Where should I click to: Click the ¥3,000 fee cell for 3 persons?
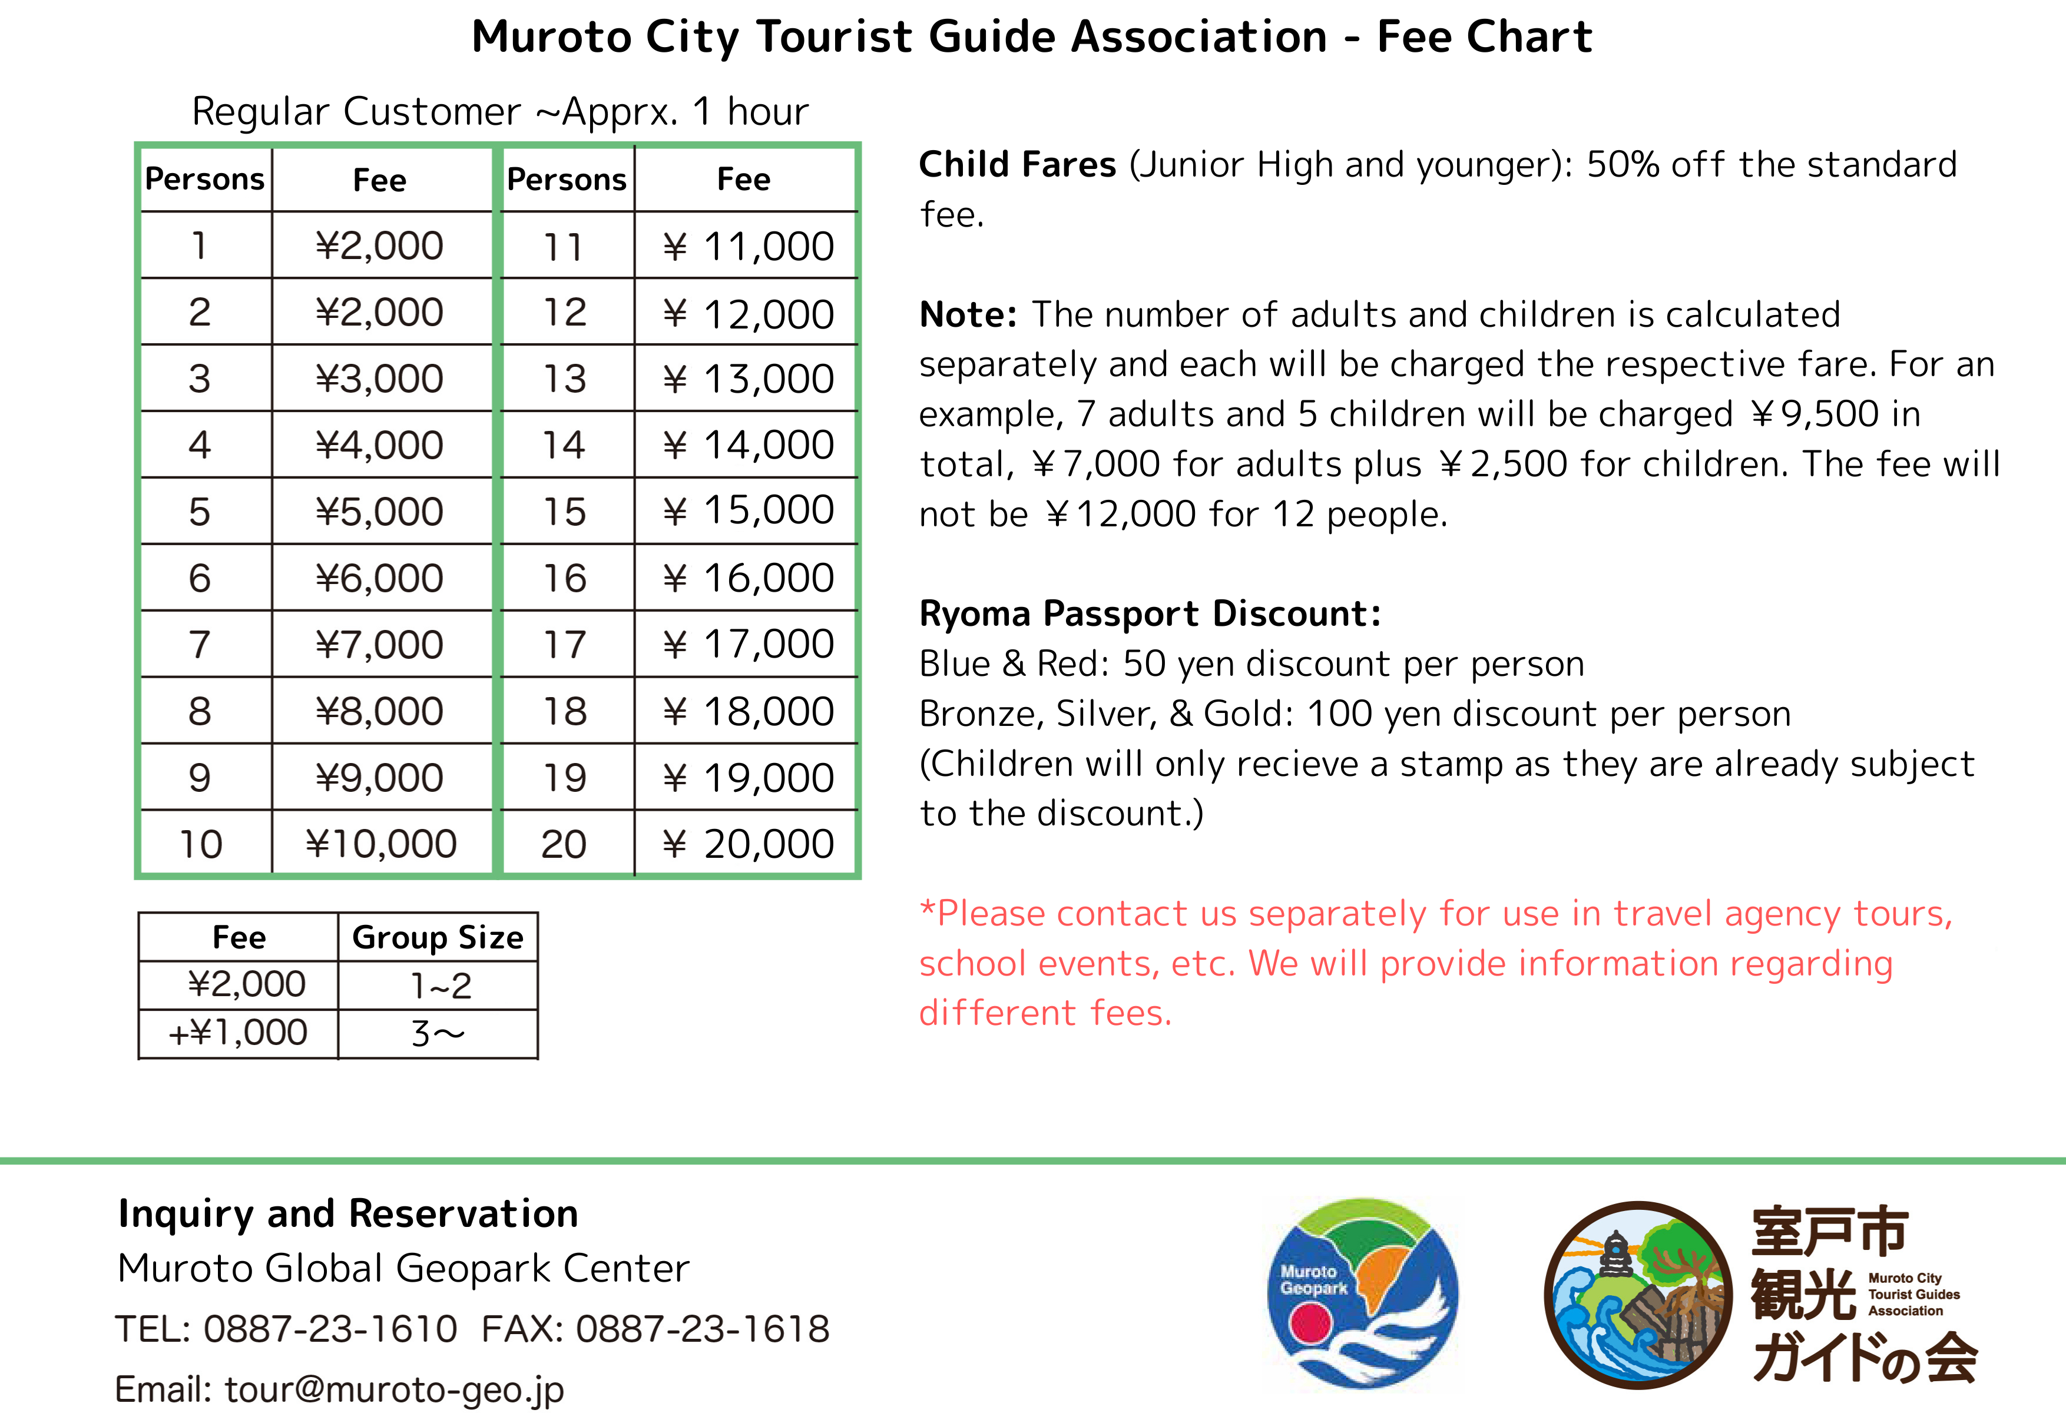(x=380, y=378)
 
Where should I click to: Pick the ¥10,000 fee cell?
(x=380, y=844)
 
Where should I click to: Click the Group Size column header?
(x=438, y=937)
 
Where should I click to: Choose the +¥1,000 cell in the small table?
(x=238, y=1033)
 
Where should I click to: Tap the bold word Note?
(x=968, y=315)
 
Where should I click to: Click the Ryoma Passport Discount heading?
(x=1150, y=613)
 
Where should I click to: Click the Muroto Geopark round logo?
(x=1362, y=1293)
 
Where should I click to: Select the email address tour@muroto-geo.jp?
(x=394, y=1388)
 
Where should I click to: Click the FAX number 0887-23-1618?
(x=703, y=1328)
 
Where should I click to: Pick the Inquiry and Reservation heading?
(x=347, y=1213)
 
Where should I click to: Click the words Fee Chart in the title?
(x=1485, y=38)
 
